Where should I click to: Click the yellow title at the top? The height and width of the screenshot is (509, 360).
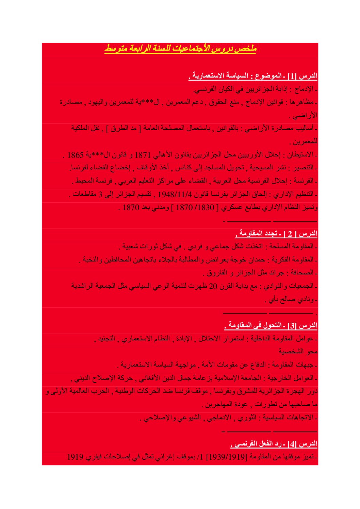point(180,49)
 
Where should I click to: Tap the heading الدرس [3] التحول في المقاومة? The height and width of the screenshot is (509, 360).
point(271,326)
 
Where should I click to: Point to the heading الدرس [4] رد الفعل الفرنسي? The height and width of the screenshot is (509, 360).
point(274,444)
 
